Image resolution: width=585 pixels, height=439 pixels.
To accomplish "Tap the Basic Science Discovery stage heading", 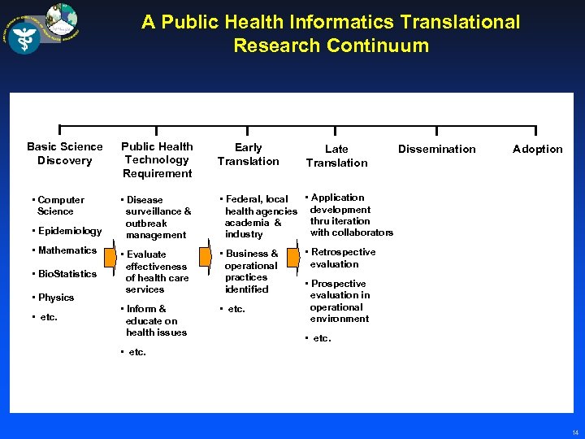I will point(65,154).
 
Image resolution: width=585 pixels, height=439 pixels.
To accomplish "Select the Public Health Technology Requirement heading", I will point(158,160).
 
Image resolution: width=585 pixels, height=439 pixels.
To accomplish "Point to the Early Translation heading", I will point(248,154).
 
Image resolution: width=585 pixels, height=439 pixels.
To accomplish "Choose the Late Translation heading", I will point(336,155).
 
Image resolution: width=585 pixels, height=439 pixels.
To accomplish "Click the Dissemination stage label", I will point(436,149).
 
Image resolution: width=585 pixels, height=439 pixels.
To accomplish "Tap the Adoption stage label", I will point(537,149).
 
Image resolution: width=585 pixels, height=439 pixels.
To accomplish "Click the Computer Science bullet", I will point(60,206).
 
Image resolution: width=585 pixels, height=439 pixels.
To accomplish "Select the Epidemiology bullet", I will point(69,231).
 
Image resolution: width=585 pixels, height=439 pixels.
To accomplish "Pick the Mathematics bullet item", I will point(66,250).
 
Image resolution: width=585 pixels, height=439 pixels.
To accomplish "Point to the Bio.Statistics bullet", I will point(67,274).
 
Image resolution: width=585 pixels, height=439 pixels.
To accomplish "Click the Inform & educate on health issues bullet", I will point(155,320).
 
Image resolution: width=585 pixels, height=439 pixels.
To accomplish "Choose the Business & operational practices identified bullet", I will point(251,272).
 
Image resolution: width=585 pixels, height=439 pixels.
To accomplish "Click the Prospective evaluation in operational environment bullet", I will point(339,302).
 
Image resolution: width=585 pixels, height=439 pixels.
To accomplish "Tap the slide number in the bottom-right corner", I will point(575,432).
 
